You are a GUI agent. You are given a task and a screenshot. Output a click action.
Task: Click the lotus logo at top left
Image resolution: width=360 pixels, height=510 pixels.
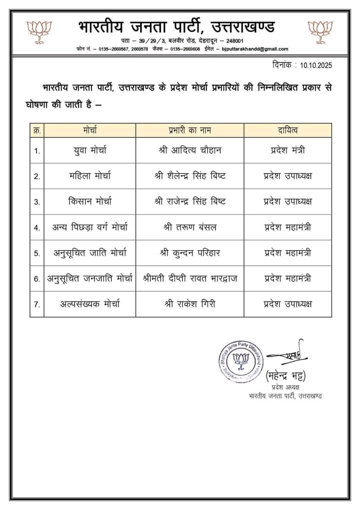[39, 31]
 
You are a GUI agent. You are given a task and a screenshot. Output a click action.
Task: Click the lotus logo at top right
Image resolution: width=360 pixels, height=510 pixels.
[320, 31]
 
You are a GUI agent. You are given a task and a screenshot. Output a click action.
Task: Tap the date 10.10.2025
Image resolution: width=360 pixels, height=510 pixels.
[316, 65]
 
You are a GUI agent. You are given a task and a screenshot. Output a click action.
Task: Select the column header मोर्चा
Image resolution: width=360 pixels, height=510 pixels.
[90, 131]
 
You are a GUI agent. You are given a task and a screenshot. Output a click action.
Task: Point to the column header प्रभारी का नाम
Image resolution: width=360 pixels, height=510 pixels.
[190, 131]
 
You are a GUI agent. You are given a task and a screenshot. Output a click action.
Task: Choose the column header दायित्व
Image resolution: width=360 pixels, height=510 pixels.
[287, 131]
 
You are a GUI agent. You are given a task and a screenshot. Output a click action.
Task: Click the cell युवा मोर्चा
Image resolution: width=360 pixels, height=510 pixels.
[90, 150]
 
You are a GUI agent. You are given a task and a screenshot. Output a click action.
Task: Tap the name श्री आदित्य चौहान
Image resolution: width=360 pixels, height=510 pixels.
[190, 150]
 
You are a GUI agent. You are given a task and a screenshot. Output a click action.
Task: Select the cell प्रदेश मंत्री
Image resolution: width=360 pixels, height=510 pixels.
[287, 150]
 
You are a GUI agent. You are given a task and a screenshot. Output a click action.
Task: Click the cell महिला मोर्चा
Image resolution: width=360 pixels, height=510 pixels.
[90, 176]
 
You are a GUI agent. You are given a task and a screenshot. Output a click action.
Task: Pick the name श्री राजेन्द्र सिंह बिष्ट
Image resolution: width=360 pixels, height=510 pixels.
[190, 201]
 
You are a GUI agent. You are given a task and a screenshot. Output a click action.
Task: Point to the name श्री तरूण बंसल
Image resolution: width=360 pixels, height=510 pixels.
[190, 227]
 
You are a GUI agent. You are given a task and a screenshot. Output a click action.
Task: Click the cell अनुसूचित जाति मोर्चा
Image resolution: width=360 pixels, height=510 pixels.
[90, 253]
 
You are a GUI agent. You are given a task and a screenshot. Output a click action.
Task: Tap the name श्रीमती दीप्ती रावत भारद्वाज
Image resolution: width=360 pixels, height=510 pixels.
[190, 278]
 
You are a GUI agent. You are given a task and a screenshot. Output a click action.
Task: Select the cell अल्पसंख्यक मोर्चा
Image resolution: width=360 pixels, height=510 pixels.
[90, 304]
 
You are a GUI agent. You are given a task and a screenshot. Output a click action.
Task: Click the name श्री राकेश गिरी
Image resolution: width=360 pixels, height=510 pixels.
[190, 304]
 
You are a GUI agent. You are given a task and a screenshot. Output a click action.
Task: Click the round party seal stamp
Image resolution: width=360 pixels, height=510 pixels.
[241, 358]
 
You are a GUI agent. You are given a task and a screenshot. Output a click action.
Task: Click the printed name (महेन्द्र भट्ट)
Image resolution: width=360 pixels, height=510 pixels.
[285, 375]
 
